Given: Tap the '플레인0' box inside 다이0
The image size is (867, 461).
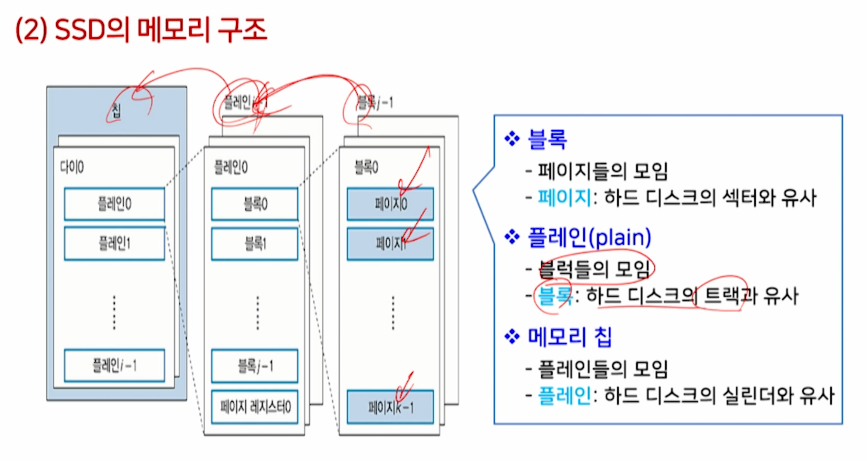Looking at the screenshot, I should click(114, 204).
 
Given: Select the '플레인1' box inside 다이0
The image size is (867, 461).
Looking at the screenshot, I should click(114, 243).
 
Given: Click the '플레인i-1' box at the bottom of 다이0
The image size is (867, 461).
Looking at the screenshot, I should click(114, 365).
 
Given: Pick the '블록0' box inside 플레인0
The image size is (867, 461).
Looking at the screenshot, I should click(255, 204).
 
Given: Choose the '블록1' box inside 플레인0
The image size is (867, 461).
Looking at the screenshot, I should click(255, 243).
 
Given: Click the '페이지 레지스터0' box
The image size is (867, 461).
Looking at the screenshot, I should click(255, 407).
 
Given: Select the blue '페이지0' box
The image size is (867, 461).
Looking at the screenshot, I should click(390, 204).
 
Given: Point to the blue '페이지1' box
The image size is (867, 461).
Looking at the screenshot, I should click(390, 244).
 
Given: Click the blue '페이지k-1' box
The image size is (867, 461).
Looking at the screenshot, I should click(390, 407).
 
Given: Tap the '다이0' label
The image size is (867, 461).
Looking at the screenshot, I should click(72, 167).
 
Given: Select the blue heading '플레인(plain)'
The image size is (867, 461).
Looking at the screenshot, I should click(589, 238).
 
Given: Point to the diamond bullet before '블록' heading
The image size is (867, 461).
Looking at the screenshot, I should click(512, 139).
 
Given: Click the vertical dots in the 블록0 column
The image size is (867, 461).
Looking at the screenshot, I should click(393, 313).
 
